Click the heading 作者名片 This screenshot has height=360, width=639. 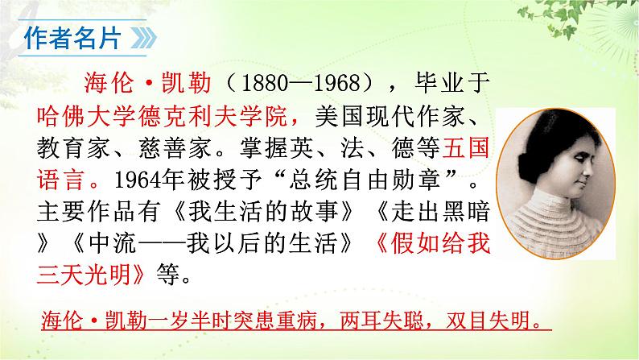pyautogui.click(x=71, y=38)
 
